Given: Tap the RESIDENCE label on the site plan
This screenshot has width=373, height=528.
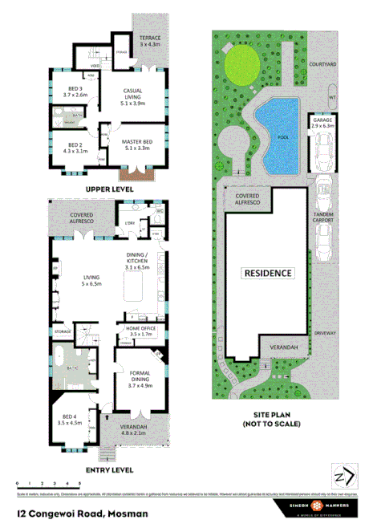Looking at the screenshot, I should (x=268, y=273).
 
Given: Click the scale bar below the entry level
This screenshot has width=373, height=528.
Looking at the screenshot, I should (x=48, y=486).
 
